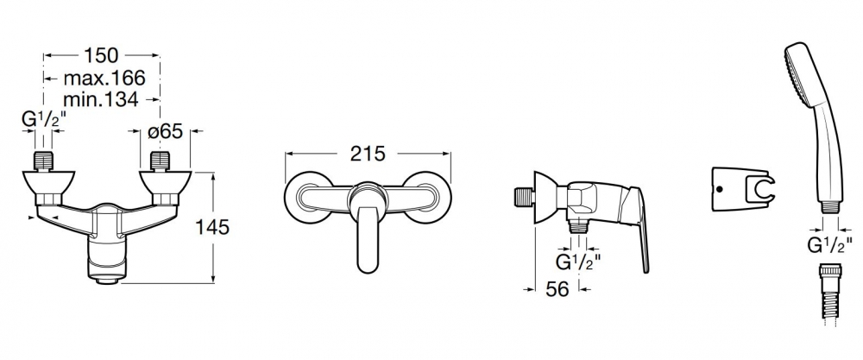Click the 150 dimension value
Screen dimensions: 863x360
click(x=101, y=55)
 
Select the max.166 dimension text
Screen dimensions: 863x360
click(x=104, y=79)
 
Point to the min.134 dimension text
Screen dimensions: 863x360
click(x=101, y=99)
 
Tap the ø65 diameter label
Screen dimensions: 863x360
click(x=165, y=131)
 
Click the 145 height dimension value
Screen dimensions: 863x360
click(x=212, y=227)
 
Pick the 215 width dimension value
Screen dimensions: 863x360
click(x=369, y=154)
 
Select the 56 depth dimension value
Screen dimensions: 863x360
click(x=557, y=289)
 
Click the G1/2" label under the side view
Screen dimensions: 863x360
click(x=578, y=262)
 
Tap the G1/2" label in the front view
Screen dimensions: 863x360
click(x=43, y=119)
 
